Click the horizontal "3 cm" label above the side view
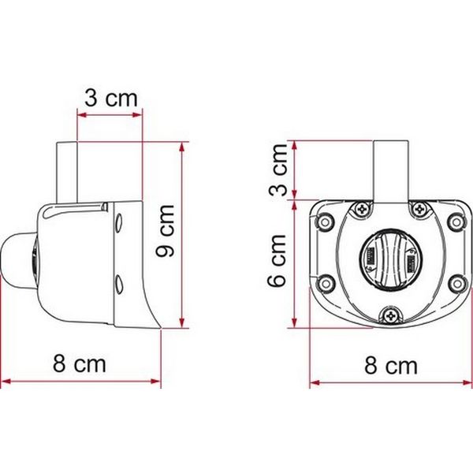(x=110, y=99)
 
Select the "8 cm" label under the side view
(x=79, y=364)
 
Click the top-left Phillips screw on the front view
(x=361, y=210)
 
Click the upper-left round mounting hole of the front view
(x=322, y=221)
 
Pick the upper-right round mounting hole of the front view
(x=456, y=221)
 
